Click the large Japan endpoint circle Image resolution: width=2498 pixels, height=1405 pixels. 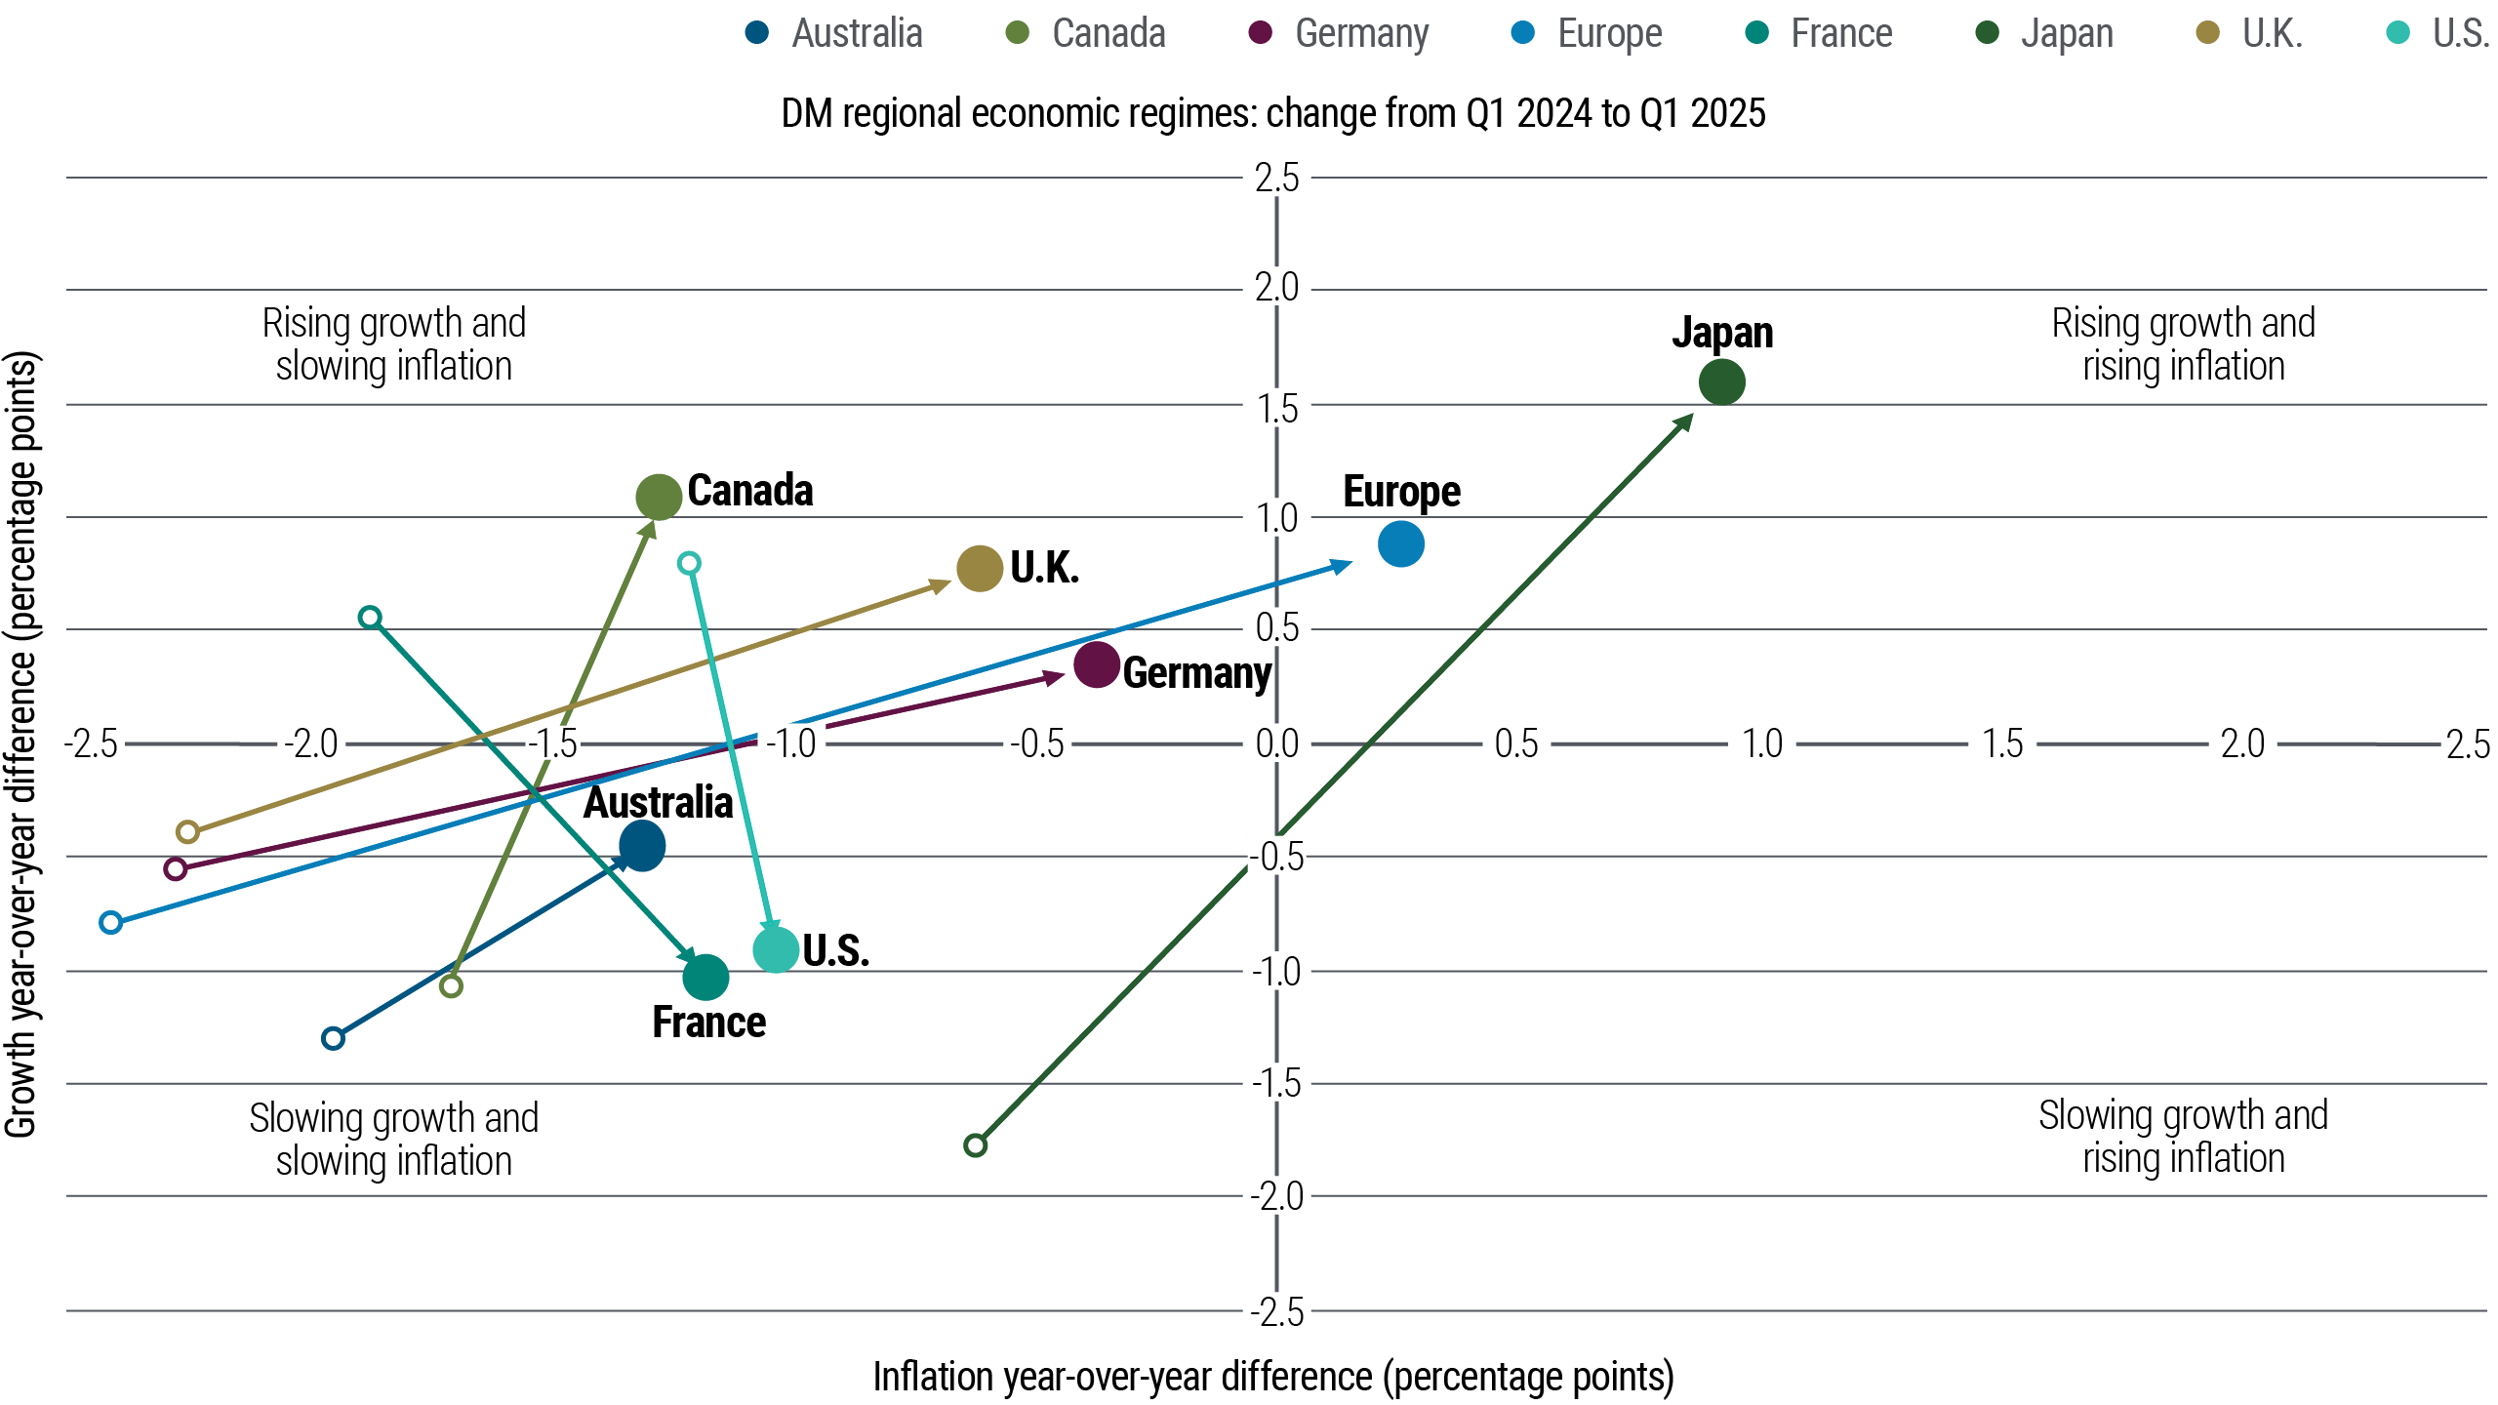pyautogui.click(x=1721, y=381)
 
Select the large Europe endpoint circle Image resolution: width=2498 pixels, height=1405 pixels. pyautogui.click(x=1400, y=543)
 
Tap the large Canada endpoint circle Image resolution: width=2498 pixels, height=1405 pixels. pyautogui.click(x=659, y=498)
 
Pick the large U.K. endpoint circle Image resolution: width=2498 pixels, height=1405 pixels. pyautogui.click(x=980, y=569)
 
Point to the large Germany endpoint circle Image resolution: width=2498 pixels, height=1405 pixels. pyautogui.click(x=1096, y=664)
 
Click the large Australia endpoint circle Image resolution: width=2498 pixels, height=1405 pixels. pyautogui.click(x=642, y=845)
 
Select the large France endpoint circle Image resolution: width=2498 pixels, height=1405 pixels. pyautogui.click(x=705, y=977)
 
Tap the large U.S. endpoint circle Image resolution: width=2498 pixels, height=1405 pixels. pyautogui.click(x=777, y=949)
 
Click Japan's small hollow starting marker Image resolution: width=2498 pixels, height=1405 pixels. pyautogui.click(x=975, y=1145)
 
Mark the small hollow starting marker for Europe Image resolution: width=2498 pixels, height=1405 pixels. pyautogui.click(x=111, y=923)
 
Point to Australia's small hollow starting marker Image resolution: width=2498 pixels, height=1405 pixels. pyautogui.click(x=334, y=1038)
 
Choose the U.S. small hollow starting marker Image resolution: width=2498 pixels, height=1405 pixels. pyautogui.click(x=689, y=563)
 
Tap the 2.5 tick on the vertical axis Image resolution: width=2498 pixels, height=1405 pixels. pyautogui.click(x=1276, y=179)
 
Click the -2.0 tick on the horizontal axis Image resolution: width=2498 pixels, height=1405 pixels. pyautogui.click(x=310, y=743)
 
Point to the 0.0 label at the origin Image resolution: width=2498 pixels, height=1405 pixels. pyautogui.click(x=1276, y=743)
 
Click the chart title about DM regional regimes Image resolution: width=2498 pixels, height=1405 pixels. pyautogui.click(x=1273, y=113)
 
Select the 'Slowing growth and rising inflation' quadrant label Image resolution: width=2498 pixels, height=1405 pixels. pyautogui.click(x=2183, y=1137)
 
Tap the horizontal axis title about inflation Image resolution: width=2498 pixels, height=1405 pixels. pyautogui.click(x=1273, y=1377)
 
